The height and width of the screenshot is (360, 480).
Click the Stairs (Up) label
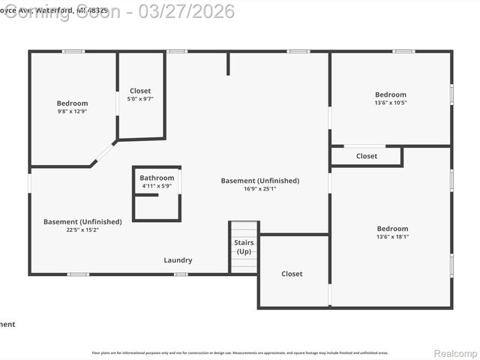coord(244,247)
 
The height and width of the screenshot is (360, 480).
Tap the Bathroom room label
coord(157,178)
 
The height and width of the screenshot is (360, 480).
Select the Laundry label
coord(178,260)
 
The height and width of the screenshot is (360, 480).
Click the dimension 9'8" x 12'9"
coord(72,111)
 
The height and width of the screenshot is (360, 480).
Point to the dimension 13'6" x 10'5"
coord(391,103)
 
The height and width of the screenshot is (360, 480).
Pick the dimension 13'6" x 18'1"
coord(392,237)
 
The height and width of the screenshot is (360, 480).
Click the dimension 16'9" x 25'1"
coord(259,189)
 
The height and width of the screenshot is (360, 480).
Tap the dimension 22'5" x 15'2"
coord(82,229)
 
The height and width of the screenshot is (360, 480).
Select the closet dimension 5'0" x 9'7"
coord(140,99)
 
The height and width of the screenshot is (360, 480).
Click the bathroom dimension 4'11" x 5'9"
coord(157,186)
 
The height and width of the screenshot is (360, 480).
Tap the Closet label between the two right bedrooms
coord(367,156)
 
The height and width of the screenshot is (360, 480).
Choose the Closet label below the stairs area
coord(292,274)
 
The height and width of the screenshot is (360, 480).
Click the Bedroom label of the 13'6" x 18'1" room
coord(392,229)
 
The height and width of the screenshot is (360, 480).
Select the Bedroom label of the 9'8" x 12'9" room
coord(72,103)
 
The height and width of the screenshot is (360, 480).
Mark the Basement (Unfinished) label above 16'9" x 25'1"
coord(259,181)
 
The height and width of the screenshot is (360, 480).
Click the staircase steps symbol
coord(244,229)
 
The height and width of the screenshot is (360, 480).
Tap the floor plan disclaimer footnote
coord(240,352)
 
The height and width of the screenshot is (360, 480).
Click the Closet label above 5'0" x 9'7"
coord(140,91)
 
